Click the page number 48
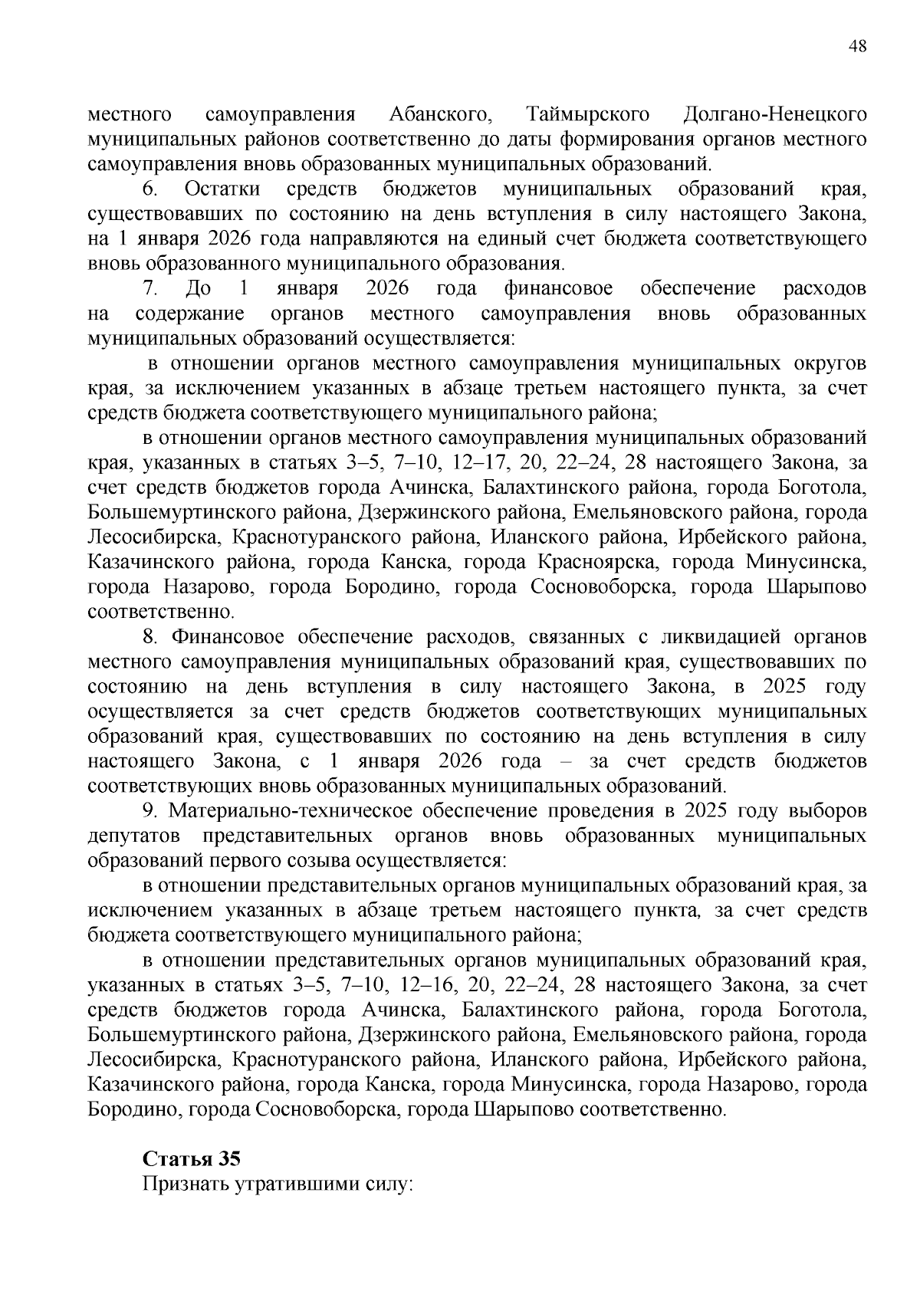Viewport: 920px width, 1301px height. click(858, 47)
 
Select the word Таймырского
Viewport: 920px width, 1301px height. click(589, 115)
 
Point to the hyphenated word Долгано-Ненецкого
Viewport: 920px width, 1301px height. click(774, 115)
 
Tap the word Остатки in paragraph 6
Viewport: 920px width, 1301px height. click(222, 189)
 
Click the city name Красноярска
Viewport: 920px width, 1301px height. click(602, 563)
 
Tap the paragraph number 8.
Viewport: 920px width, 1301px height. click(150, 637)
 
